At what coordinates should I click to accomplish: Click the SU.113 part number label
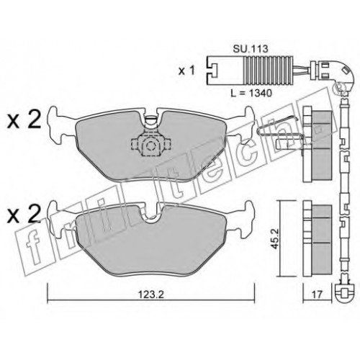coord(251,49)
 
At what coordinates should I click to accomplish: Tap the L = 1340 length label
coord(251,93)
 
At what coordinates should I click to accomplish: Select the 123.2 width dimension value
coord(151,294)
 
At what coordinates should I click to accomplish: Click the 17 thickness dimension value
coord(318,294)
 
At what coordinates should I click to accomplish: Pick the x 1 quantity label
coord(186,71)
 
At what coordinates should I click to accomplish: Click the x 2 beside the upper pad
coord(24,121)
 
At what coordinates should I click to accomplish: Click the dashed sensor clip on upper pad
coord(150,144)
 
